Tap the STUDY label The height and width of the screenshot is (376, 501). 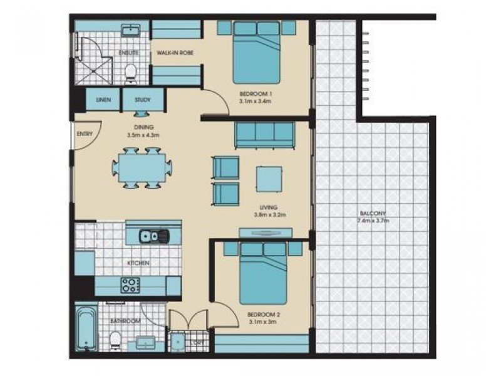click(x=144, y=100)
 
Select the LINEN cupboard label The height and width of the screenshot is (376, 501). click(x=104, y=100)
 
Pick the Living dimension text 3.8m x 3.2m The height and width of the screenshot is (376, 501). click(x=270, y=214)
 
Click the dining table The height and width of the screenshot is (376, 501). click(x=142, y=168)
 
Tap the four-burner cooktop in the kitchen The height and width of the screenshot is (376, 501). click(x=130, y=286)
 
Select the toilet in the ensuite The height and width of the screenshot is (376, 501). click(x=130, y=73)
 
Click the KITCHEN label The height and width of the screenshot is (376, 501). click(x=138, y=263)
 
